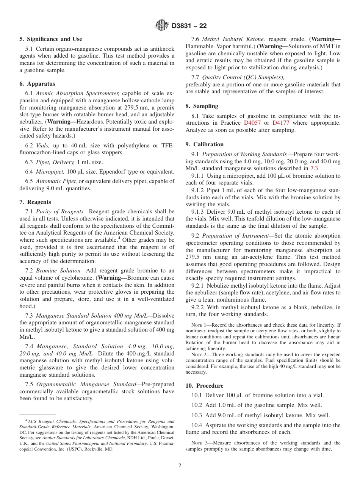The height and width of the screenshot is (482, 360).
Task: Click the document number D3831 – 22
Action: pos(189,26)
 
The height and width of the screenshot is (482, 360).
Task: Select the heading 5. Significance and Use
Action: pos(50,39)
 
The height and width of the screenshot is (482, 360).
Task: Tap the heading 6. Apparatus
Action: pos(37,84)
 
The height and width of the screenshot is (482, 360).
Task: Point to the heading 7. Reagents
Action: pos(35,202)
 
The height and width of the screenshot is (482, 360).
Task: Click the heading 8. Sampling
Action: pos(202,106)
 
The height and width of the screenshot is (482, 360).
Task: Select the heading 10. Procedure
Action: pos(204,386)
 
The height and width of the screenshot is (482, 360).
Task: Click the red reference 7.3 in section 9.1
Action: pos(315,168)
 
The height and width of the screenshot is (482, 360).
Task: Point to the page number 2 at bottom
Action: pos(180,466)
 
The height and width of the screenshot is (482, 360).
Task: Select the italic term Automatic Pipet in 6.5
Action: pos(56,181)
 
